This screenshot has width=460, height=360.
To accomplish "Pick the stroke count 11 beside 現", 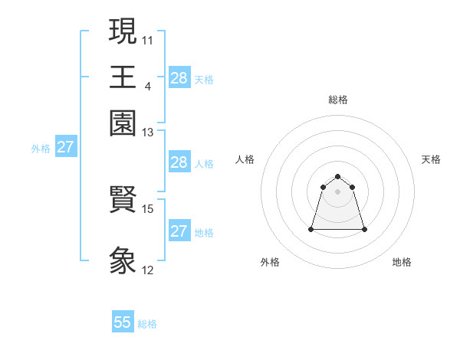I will click(148, 38).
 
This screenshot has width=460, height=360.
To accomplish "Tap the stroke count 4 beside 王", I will click(147, 85).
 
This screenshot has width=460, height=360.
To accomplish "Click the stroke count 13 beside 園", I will click(148, 133).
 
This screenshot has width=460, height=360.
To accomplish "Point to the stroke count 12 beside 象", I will click(148, 270).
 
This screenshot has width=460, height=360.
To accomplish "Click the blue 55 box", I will click(123, 322).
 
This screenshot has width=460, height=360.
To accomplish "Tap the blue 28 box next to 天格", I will click(179, 78).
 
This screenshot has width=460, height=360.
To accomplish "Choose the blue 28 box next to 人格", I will click(179, 162).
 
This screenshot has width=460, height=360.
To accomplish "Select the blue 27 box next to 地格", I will click(179, 231).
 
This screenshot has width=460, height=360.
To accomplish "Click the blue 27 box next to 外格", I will click(65, 147).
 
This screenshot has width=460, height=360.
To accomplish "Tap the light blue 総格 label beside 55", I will click(147, 324).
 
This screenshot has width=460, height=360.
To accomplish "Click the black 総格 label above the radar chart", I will click(337, 100).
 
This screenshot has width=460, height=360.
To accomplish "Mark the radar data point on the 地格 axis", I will click(364, 229).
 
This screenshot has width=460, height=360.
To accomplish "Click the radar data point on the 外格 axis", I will click(311, 228).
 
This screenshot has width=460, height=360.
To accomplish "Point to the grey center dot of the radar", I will click(337, 191).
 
